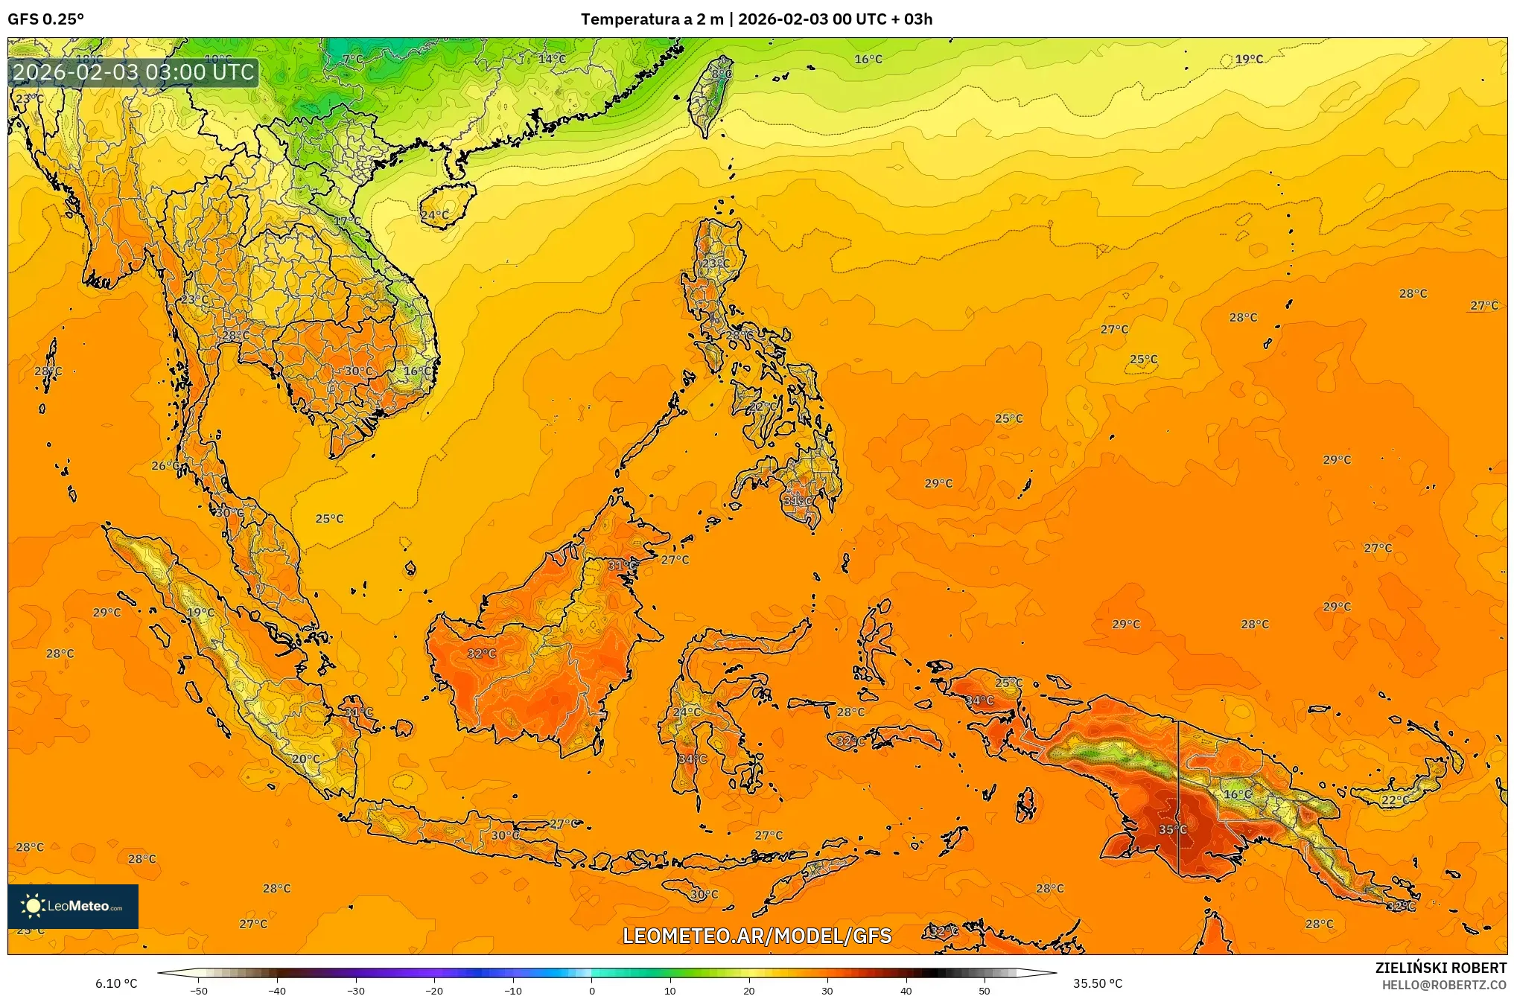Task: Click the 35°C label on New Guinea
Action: coord(1172,829)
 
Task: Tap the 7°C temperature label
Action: coord(352,60)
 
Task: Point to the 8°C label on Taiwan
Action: coord(721,74)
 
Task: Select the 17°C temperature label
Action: coord(346,221)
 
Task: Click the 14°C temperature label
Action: coord(552,59)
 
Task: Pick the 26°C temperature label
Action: coord(165,466)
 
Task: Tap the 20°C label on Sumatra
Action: coord(305,759)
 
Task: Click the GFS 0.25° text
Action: coord(46,19)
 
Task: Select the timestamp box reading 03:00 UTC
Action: coord(134,72)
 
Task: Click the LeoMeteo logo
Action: coord(73,906)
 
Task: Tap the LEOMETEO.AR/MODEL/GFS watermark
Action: coord(757,936)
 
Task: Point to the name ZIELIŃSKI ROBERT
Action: coord(1440,968)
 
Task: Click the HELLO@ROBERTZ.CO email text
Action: coord(1444,985)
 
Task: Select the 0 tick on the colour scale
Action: coord(592,991)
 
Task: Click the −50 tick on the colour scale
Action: coord(198,991)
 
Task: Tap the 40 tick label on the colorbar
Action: coord(906,991)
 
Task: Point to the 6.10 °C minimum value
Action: coord(116,983)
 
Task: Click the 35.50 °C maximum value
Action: coord(1097,983)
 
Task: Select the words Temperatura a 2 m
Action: coord(652,19)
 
